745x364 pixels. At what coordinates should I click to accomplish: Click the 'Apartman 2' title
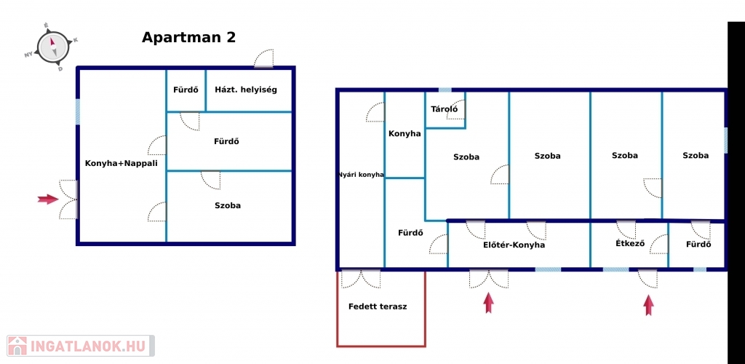(x=188, y=38)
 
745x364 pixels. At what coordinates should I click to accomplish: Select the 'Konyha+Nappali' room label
(x=121, y=164)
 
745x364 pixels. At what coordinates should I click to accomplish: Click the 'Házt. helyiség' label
(x=246, y=90)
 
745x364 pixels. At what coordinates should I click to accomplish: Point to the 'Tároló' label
(x=445, y=109)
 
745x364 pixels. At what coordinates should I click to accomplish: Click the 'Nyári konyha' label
(x=361, y=175)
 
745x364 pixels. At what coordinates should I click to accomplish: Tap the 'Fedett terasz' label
(x=378, y=306)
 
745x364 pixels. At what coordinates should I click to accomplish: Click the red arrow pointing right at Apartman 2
(x=48, y=199)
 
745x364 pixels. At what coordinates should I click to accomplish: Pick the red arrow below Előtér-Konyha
(x=488, y=303)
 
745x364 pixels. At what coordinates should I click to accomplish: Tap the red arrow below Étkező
(x=648, y=305)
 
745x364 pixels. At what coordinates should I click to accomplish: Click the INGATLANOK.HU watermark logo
(x=80, y=346)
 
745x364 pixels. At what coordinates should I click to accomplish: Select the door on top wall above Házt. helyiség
(x=263, y=59)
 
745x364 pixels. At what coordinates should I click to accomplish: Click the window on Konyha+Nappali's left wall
(x=77, y=111)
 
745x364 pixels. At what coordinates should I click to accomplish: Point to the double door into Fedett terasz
(x=361, y=279)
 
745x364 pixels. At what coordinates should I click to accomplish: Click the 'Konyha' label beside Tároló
(x=405, y=133)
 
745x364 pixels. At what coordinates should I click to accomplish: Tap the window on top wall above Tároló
(x=445, y=90)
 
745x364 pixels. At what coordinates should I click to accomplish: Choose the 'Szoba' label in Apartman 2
(x=228, y=206)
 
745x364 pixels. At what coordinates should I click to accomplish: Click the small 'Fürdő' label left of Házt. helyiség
(x=186, y=90)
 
